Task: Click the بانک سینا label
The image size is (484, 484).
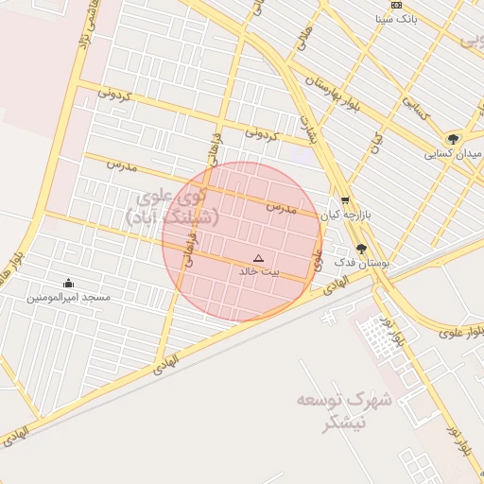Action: pyautogui.click(x=395, y=18)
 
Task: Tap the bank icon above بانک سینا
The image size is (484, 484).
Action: pyautogui.click(x=396, y=5)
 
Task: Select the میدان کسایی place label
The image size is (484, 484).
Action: pyautogui.click(x=454, y=153)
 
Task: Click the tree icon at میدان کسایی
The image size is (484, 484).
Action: pyautogui.click(x=454, y=139)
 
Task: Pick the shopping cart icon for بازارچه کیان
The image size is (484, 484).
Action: pyautogui.click(x=345, y=200)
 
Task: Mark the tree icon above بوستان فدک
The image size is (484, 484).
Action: pyautogui.click(x=361, y=249)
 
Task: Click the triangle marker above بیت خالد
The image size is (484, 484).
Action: pyautogui.click(x=259, y=258)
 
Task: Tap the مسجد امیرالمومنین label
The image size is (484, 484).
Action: pyautogui.click(x=68, y=297)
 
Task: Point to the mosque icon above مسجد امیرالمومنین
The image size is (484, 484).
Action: pyautogui.click(x=68, y=283)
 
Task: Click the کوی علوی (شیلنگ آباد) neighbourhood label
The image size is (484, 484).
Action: pyautogui.click(x=172, y=208)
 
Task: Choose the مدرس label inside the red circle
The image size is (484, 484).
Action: pyautogui.click(x=281, y=207)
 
